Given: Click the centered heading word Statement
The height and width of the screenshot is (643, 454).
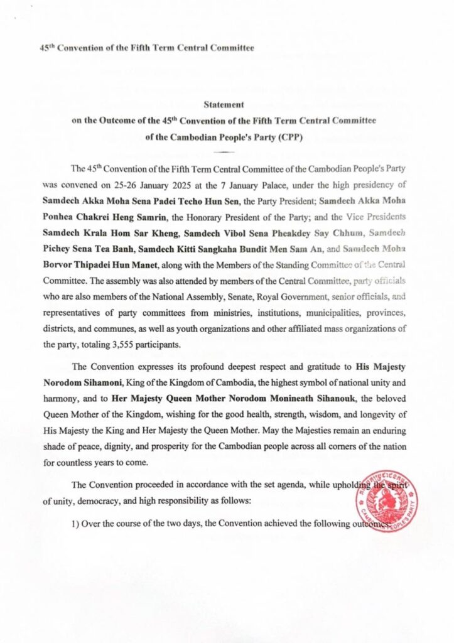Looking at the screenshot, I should point(227,106).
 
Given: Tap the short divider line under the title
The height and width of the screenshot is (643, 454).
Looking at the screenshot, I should point(227,152).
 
